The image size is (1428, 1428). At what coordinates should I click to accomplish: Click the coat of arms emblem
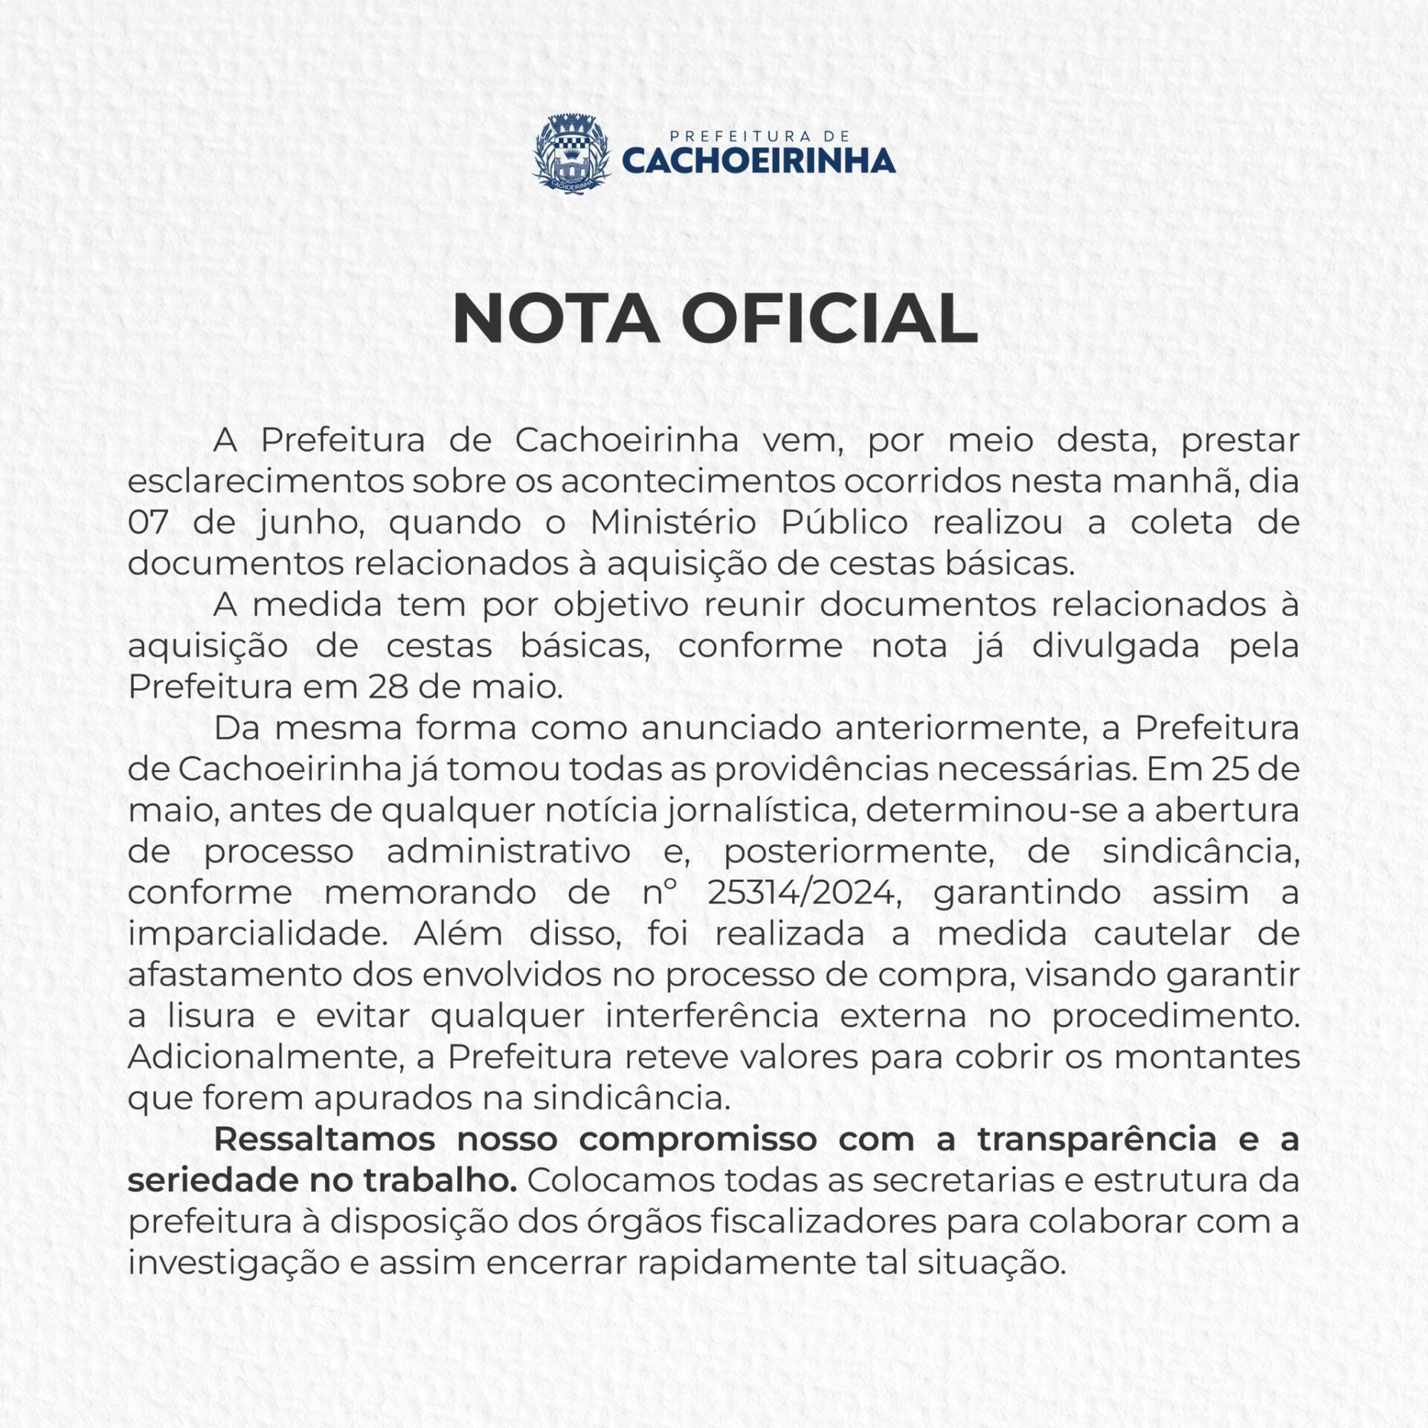pyautogui.click(x=571, y=153)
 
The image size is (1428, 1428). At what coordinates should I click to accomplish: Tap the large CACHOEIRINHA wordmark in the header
pyautogui.click(x=758, y=161)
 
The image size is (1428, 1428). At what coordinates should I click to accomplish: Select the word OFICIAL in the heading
pyautogui.click(x=829, y=318)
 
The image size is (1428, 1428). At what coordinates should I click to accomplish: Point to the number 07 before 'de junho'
pyautogui.click(x=148, y=522)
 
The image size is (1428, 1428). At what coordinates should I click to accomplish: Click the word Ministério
pyautogui.click(x=673, y=522)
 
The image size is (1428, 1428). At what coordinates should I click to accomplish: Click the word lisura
pyautogui.click(x=211, y=1016)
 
